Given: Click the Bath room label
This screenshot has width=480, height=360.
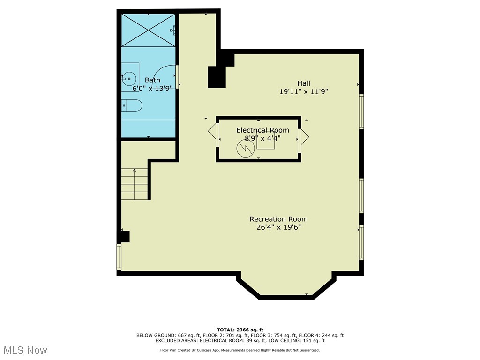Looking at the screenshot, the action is coord(152,80).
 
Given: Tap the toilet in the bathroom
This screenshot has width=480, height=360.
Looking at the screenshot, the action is coord(132,105).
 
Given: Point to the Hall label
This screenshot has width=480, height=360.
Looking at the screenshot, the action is coord(304,83).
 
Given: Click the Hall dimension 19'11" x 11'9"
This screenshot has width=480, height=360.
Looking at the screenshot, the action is coord(304,91).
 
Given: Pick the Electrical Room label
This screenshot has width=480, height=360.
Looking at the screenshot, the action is coord(262,130).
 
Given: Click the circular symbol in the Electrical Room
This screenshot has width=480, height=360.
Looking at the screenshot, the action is coord(246,149).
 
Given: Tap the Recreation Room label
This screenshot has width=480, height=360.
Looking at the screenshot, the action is coord(278,219).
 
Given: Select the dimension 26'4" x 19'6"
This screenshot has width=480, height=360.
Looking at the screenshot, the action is coord(278,227).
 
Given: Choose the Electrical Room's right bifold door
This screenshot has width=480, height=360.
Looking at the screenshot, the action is coord(304,136).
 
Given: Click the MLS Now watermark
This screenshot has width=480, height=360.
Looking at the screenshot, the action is coord(26,350).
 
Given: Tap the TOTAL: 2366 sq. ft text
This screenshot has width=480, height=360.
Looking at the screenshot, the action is coord(240,330).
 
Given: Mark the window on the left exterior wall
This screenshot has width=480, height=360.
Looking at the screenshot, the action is coord(119,257).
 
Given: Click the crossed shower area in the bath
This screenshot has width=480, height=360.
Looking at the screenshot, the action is coord(148,30).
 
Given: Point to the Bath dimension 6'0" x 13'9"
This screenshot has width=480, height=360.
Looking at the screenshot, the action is coord(152,88).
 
